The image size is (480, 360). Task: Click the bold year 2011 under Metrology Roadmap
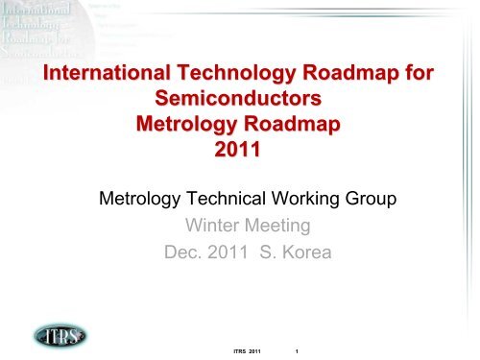click(238, 150)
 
